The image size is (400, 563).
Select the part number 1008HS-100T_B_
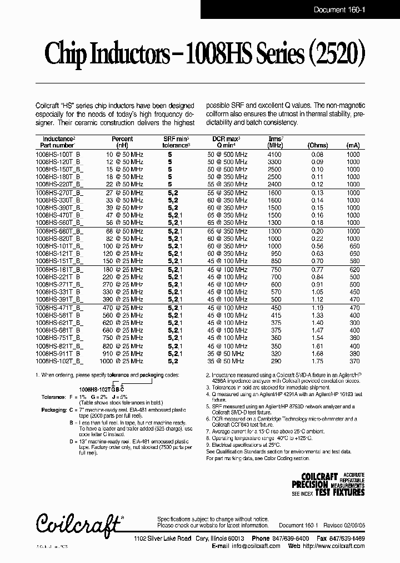pos(58,154)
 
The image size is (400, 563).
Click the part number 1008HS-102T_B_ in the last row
pos(58,361)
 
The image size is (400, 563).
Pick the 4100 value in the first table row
pos(274,154)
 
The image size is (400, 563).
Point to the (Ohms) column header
pos(317,146)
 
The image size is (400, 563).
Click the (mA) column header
pos(352,146)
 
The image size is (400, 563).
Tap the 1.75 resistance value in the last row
pos(317,361)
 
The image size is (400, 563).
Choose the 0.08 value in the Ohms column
pos(317,154)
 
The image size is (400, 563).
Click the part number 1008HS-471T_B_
pos(59,308)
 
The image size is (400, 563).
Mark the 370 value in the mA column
pos(353,361)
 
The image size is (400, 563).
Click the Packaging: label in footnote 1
pos(54,409)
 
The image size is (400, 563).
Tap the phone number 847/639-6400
pos(291,539)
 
